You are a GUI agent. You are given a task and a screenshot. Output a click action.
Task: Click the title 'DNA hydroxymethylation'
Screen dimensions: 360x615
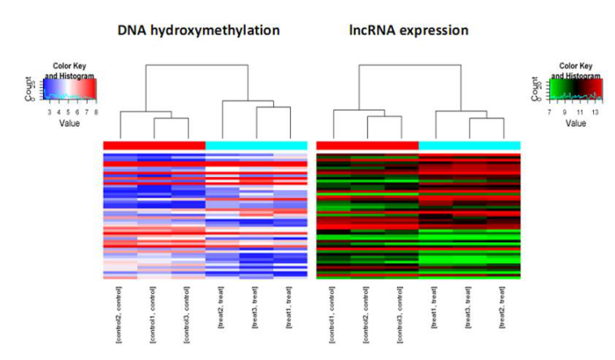[x=199, y=31]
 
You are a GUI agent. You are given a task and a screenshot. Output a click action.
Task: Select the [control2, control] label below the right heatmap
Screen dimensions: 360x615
[x=367, y=311]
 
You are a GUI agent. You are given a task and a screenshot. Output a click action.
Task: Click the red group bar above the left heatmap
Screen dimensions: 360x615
[x=154, y=145]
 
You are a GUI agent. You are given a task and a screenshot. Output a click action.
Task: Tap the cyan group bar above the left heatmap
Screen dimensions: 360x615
[x=257, y=145]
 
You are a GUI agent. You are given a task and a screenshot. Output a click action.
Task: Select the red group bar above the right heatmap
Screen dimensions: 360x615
[x=367, y=145]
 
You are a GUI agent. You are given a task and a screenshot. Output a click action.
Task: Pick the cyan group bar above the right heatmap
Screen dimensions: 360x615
[x=470, y=145]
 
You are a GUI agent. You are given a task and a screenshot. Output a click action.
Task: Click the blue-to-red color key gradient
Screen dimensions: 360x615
[x=70, y=88]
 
